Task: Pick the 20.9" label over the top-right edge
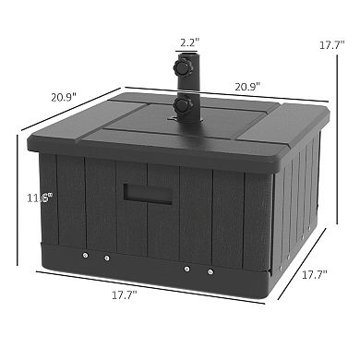pos(246,86)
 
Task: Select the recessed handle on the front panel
pos(139,194)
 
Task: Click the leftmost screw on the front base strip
pos(84,256)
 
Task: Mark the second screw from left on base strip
pos(107,258)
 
